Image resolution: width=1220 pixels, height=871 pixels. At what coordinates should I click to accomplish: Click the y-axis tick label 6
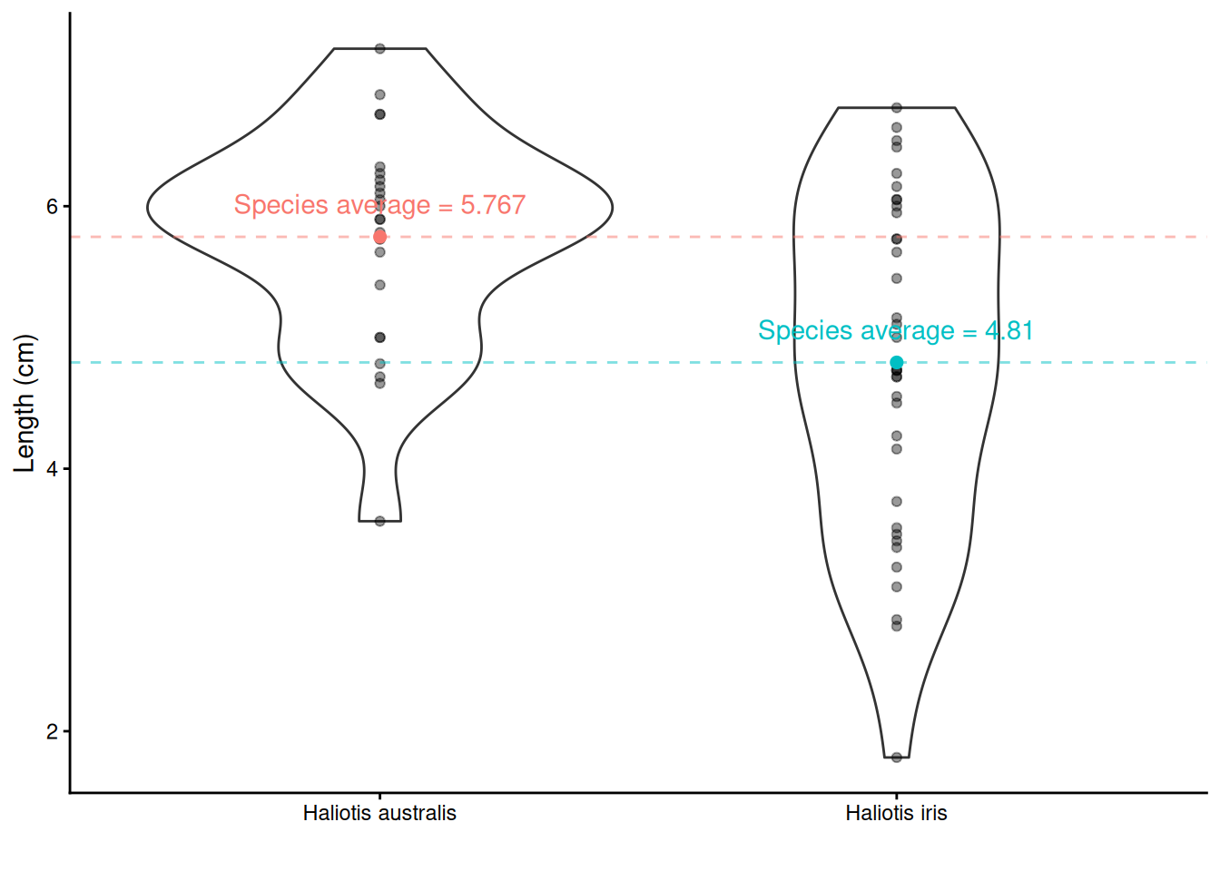52,206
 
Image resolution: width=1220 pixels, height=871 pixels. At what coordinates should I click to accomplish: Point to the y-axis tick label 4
52,469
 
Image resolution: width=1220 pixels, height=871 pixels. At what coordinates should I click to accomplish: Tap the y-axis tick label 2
52,731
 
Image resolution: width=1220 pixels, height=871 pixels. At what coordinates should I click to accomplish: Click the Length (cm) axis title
25,403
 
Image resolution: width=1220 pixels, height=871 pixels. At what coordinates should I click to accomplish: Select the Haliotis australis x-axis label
379,813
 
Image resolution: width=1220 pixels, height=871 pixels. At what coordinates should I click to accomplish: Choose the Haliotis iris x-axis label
897,813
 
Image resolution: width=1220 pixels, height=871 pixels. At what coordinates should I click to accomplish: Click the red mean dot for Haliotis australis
380,237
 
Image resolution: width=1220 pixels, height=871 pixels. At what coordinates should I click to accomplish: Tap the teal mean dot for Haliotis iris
897,363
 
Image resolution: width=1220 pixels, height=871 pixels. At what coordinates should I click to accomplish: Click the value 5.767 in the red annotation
493,205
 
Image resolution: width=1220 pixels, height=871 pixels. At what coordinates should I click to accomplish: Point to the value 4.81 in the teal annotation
1009,330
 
